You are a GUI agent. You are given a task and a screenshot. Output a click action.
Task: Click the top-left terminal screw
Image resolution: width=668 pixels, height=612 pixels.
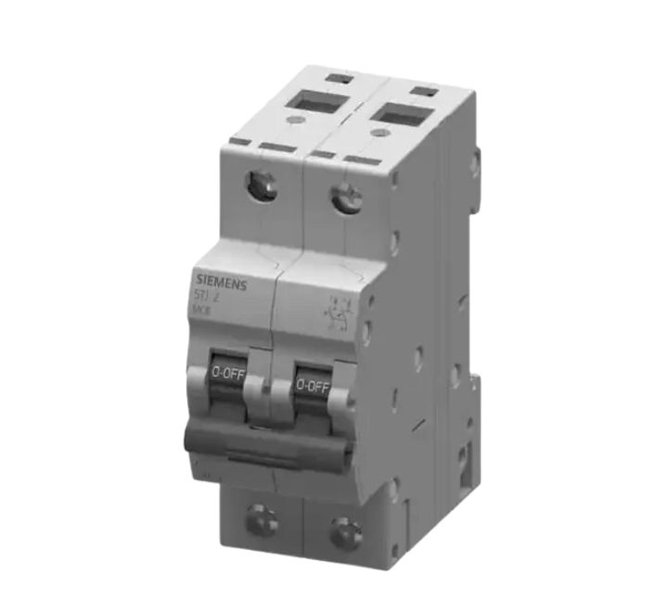263,185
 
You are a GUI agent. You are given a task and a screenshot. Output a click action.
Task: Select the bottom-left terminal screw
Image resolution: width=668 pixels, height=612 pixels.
261,520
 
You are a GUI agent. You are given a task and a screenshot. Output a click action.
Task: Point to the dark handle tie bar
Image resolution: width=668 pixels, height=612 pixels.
268,440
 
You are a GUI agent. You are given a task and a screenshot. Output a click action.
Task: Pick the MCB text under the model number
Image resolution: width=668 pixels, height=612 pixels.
201,312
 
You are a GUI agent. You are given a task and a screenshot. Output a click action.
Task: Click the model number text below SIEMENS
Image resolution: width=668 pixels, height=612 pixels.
207,297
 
